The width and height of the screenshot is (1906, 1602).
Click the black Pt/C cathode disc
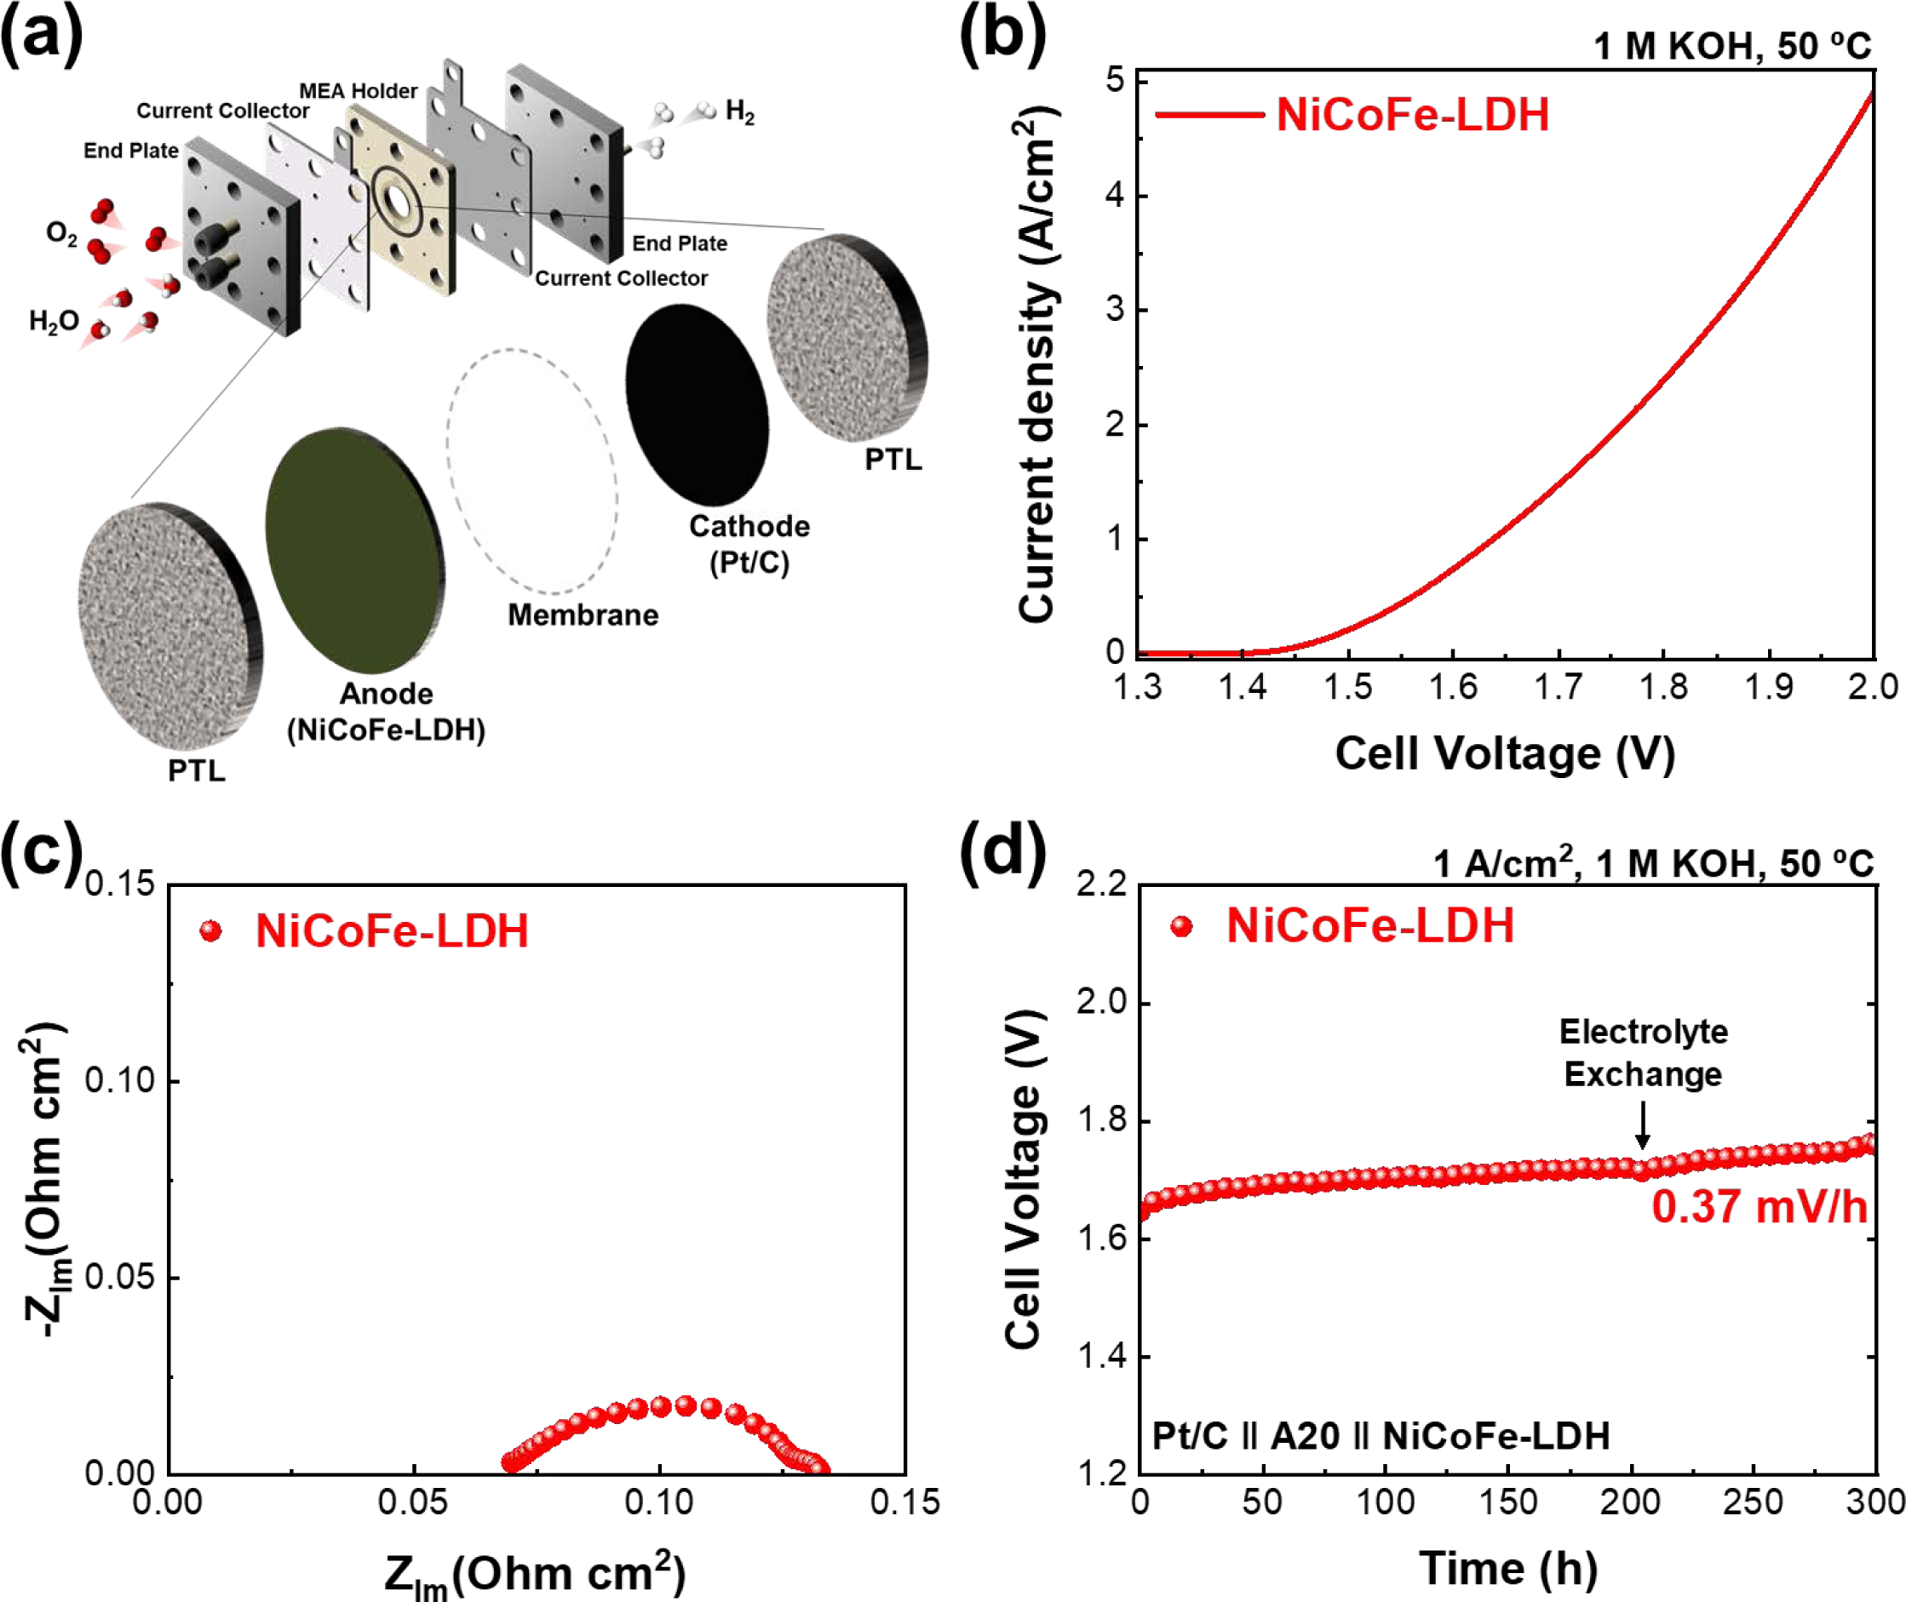pyautogui.click(x=697, y=404)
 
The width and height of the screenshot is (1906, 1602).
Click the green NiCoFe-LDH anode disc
pyautogui.click(x=355, y=549)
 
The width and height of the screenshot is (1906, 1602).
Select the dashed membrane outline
pyautogui.click(x=532, y=471)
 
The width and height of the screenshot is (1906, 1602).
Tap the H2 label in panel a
pyautogui.click(x=739, y=112)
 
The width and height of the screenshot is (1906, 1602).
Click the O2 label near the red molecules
pyautogui.click(x=62, y=234)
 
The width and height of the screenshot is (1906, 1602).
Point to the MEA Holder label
pyautogui.click(x=358, y=91)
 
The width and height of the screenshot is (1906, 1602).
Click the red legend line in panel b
pyautogui.click(x=1209, y=115)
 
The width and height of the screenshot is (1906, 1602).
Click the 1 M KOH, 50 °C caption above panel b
pyautogui.click(x=1731, y=45)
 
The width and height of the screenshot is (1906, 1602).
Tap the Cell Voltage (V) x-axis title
pyautogui.click(x=1505, y=754)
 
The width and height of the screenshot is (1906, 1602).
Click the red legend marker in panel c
pyautogui.click(x=210, y=931)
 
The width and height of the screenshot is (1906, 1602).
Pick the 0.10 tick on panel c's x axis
pyautogui.click(x=658, y=1502)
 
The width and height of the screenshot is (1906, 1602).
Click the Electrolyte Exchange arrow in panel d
pyautogui.click(x=1642, y=1125)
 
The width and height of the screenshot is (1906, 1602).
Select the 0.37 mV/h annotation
pyautogui.click(x=1758, y=1208)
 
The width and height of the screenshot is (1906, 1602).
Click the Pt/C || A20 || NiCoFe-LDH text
pyautogui.click(x=1380, y=1436)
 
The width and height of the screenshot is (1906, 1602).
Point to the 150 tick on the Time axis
pyautogui.click(x=1508, y=1502)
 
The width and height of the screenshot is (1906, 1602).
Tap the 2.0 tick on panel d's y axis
pyautogui.click(x=1100, y=1002)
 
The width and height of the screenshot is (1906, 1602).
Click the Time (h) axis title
pyautogui.click(x=1508, y=1569)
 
